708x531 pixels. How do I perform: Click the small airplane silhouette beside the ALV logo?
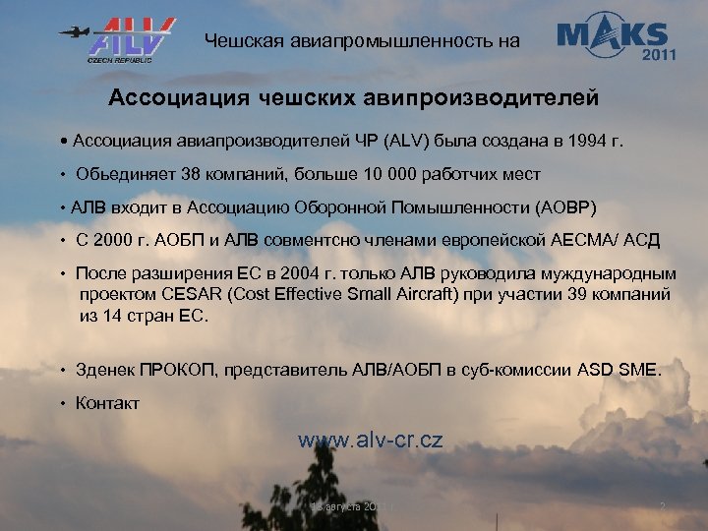(x=73, y=31)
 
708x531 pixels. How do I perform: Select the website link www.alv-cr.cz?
(x=370, y=440)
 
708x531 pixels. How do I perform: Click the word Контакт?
(x=107, y=403)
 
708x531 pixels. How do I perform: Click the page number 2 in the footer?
(x=662, y=507)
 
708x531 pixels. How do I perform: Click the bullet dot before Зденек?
(x=61, y=371)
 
